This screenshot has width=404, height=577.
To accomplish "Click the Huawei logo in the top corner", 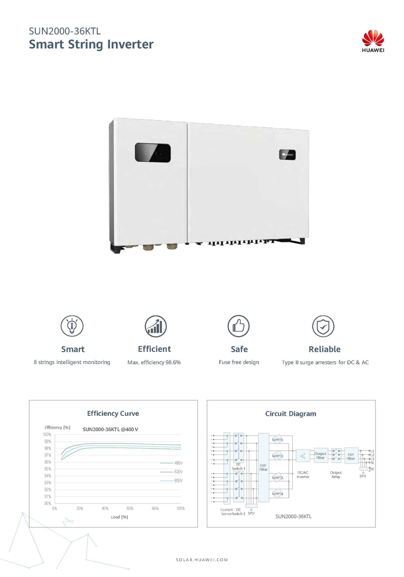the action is pyautogui.click(x=373, y=41).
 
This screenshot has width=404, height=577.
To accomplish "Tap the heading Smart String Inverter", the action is pyautogui.click(x=91, y=45).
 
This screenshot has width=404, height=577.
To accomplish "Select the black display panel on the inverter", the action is pyautogui.click(x=153, y=153).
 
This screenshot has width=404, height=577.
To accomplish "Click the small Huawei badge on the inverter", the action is pyautogui.click(x=287, y=155).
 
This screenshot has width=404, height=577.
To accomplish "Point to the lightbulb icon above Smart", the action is pyautogui.click(x=72, y=326).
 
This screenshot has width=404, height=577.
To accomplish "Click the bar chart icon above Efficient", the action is pyautogui.click(x=156, y=326).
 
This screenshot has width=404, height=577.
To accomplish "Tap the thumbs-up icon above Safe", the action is pyautogui.click(x=239, y=326).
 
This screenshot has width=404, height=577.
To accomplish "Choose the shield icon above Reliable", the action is pyautogui.click(x=323, y=326).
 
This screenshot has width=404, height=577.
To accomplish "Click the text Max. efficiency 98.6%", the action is pyautogui.click(x=154, y=362).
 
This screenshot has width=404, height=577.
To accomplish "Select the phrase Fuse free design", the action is pyautogui.click(x=239, y=362).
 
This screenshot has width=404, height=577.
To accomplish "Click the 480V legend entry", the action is pyautogui.click(x=171, y=463).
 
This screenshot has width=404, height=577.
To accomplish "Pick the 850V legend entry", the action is pyautogui.click(x=171, y=480).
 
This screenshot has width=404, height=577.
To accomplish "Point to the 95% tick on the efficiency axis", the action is pyautogui.click(x=48, y=469).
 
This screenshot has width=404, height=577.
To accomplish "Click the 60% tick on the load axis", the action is pyautogui.click(x=130, y=509).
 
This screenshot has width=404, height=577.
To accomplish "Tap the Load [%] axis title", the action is pyautogui.click(x=119, y=517).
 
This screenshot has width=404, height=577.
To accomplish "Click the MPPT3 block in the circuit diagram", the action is pyautogui.click(x=278, y=478).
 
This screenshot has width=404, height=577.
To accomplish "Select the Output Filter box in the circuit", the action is pyautogui.click(x=321, y=456).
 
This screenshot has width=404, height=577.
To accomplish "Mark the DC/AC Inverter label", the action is pyautogui.click(x=303, y=474).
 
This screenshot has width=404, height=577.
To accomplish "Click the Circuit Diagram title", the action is pyautogui.click(x=291, y=414).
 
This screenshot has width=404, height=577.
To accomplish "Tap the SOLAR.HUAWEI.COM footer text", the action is pyautogui.click(x=202, y=560).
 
